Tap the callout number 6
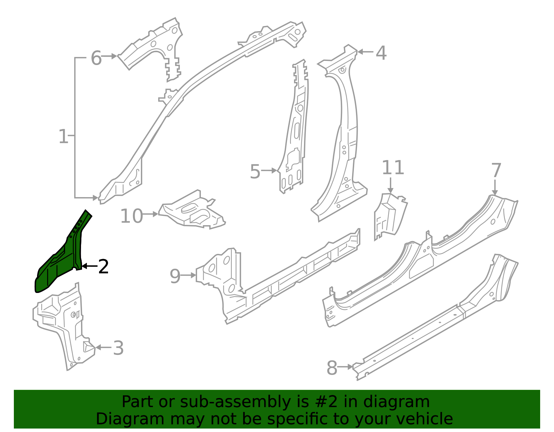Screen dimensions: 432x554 96,58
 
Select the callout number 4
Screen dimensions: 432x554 381,53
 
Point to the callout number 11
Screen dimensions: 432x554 393,168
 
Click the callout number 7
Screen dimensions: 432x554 496,171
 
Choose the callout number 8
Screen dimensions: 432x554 332,368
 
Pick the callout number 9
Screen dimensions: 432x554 175,276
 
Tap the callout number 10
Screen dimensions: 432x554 131,216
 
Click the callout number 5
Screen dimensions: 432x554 255,172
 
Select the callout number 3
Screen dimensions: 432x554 118,348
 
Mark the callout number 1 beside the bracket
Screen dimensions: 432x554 63,136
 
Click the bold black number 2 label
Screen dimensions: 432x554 103,267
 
